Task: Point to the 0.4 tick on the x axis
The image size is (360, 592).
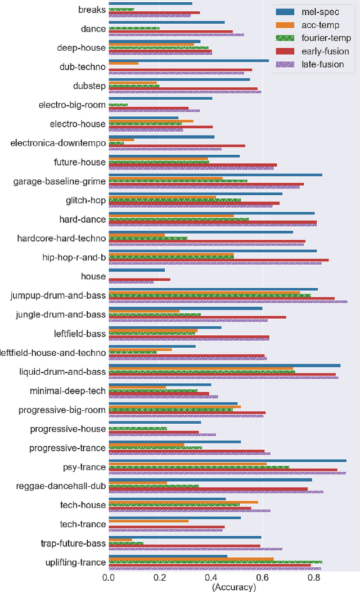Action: tap(211, 576)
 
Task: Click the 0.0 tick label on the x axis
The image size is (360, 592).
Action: tap(109, 576)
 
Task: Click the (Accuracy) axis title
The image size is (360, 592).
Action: tap(233, 587)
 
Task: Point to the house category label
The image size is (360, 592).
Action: tap(93, 276)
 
